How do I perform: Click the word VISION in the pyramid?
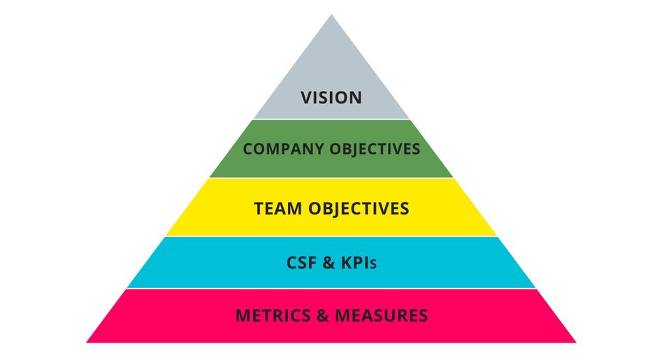pos(331,96)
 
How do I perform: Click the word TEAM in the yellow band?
pos(277,208)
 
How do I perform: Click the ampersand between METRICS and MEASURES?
pos(322,315)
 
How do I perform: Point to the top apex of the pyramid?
pos(331,16)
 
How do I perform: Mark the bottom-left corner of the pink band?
pos(88,341)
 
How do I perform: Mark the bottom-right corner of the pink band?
pos(575,341)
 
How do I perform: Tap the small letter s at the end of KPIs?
pos(375,265)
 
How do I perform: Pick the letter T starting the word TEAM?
pos(259,208)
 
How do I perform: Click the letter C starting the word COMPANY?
pos(247,149)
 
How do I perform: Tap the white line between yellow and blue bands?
pos(331,236)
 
